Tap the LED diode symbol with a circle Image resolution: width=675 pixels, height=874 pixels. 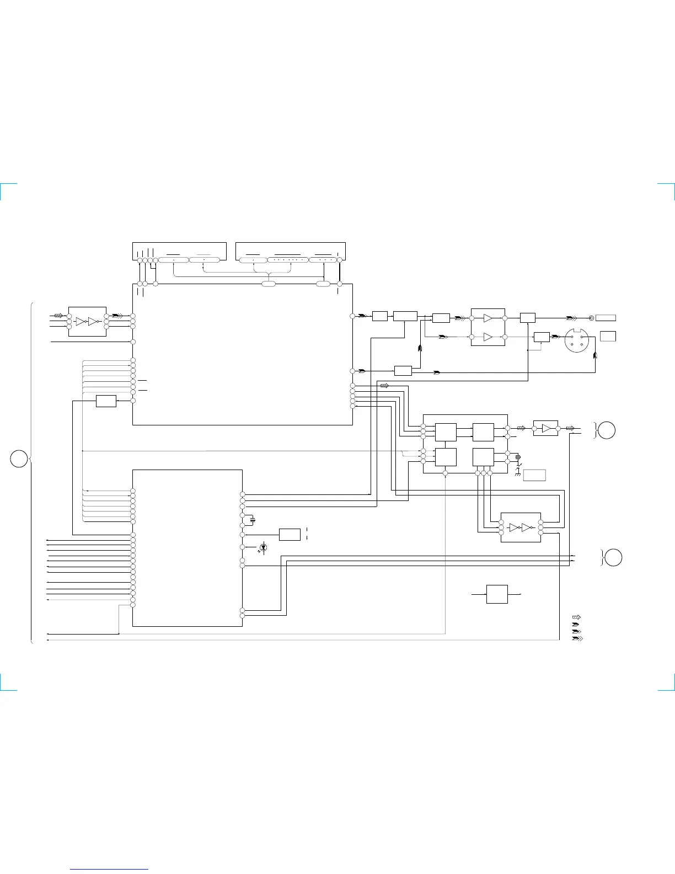263,547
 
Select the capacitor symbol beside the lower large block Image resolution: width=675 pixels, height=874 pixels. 253,520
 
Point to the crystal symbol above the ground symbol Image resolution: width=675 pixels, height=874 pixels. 518,457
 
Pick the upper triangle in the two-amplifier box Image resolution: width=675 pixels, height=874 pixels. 488,318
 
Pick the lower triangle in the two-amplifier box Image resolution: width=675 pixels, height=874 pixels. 488,337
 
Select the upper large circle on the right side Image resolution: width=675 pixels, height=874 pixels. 606,430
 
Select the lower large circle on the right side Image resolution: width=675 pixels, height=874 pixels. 613,557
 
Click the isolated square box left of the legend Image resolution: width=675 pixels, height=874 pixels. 497,594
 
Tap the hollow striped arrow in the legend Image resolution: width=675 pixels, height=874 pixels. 577,617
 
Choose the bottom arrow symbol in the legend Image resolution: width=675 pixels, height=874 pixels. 578,638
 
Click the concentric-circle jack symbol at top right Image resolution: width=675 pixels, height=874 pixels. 592,318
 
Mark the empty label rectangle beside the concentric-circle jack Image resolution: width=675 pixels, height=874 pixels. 606,318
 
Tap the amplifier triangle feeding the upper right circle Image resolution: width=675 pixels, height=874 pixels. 546,428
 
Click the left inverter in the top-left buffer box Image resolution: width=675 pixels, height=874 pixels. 81,321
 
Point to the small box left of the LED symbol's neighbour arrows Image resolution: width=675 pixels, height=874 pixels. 290,534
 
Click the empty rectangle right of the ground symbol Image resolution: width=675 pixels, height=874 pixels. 534,475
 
